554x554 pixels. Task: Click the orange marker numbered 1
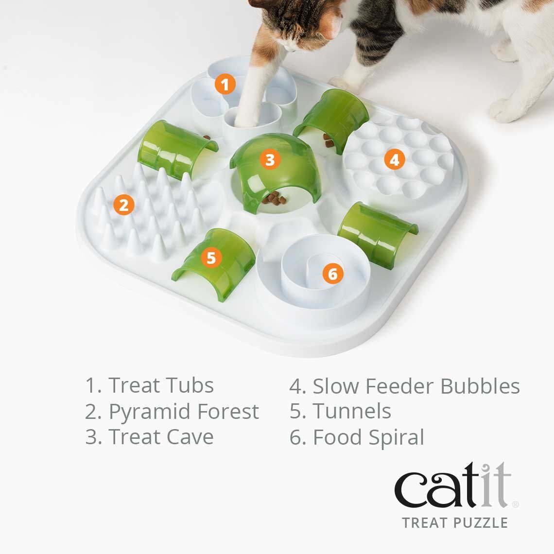(x=225, y=85)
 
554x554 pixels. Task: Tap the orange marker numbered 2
(x=124, y=205)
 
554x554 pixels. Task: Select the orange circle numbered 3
(x=270, y=159)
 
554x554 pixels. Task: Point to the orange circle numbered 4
(x=394, y=159)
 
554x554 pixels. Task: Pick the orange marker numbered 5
(x=211, y=258)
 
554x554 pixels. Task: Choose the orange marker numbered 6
(x=332, y=274)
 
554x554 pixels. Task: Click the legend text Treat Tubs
(x=160, y=385)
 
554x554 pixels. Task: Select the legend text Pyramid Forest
(x=183, y=412)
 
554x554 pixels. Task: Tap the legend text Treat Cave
(x=160, y=437)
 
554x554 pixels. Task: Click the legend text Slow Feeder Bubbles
(x=416, y=386)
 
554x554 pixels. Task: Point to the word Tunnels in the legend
(x=351, y=411)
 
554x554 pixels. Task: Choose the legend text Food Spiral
(x=368, y=437)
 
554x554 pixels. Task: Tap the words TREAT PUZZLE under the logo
(x=454, y=523)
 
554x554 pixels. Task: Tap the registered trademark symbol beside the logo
(x=515, y=504)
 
